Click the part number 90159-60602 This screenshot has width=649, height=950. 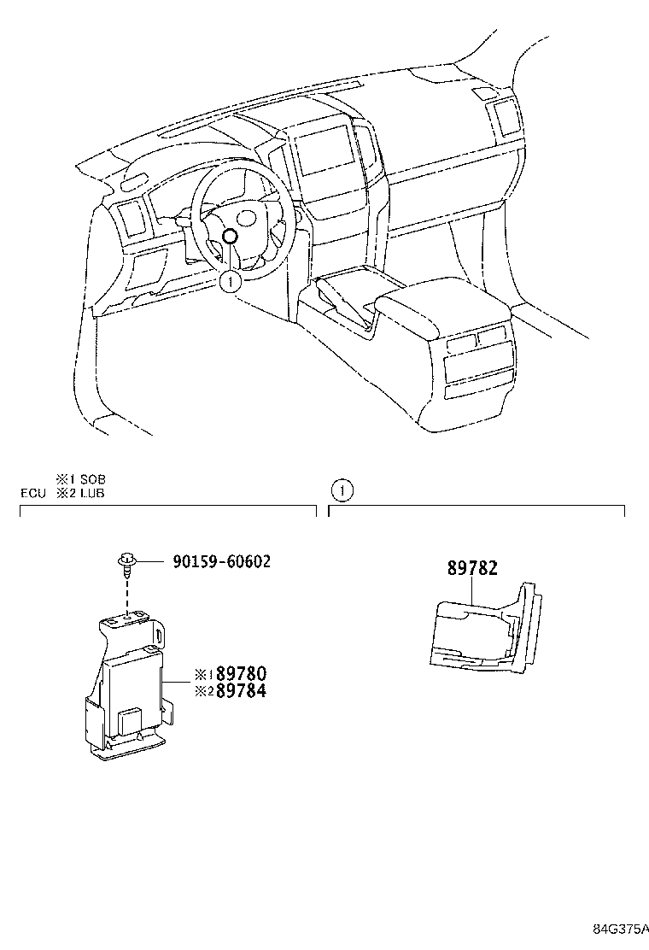click(x=221, y=561)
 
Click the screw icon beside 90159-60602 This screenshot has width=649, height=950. click(x=126, y=562)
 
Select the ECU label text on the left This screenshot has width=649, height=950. click(x=32, y=493)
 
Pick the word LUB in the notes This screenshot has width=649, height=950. click(x=91, y=493)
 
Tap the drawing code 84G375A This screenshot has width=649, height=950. click(x=621, y=929)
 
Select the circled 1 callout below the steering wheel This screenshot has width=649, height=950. click(x=230, y=279)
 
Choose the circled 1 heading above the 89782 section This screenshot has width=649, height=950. click(x=342, y=490)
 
